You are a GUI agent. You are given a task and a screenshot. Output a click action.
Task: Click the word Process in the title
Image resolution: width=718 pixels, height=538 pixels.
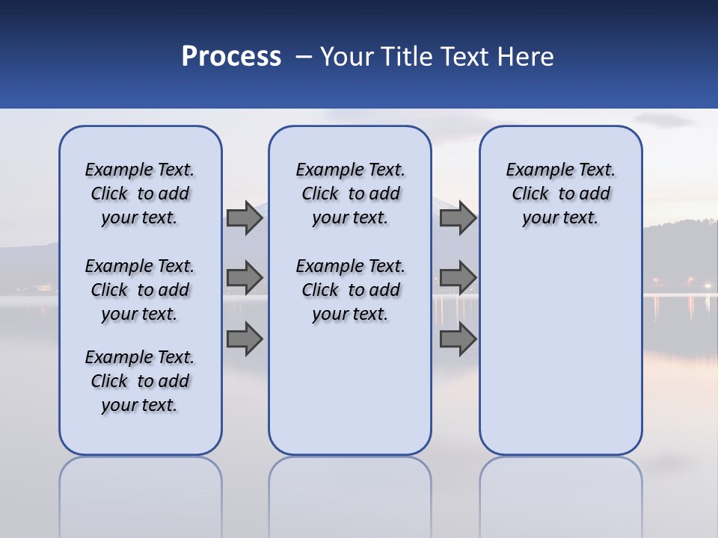pos(231,57)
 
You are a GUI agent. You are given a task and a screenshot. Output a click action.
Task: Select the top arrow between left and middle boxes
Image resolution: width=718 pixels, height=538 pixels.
pos(244,217)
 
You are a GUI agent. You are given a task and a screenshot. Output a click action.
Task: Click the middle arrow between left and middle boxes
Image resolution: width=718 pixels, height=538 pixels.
pos(244,278)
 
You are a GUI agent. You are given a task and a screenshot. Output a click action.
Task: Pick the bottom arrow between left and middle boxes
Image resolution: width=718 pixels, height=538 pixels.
pos(244,338)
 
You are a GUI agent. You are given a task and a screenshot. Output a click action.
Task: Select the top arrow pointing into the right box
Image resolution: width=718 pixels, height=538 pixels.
pos(458,217)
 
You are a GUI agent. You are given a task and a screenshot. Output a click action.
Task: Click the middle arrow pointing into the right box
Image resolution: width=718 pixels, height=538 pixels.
pos(458,278)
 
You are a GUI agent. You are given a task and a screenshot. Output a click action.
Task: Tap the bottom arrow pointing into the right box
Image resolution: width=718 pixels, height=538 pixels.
pos(458,338)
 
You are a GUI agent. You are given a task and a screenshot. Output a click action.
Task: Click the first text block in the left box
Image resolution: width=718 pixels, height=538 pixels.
pos(140,194)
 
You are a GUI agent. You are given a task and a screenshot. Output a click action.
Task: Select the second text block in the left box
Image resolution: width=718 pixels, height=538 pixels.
pos(140,290)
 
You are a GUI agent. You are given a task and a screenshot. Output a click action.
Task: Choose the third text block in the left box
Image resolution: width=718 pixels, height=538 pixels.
pos(140,381)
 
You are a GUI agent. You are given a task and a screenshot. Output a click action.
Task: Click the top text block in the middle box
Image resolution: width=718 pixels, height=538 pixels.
pos(350,194)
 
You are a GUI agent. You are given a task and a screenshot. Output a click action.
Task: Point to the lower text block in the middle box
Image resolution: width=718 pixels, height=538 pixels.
pos(350,290)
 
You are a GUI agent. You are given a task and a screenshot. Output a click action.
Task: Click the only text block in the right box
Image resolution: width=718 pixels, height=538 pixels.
pos(560,194)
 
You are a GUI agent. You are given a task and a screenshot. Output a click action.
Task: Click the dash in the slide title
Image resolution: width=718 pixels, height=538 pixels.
pos(304,57)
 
